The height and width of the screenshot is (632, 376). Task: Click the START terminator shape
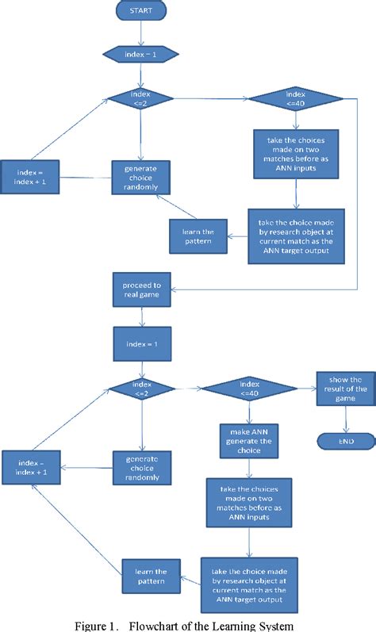(x=140, y=12)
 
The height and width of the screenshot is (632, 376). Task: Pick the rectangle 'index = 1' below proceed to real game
(x=140, y=343)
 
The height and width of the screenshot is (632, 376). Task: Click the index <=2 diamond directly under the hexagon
(x=140, y=98)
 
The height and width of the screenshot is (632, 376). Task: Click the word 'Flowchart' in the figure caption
(x=159, y=623)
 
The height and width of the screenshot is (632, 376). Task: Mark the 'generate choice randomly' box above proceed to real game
(x=140, y=177)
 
